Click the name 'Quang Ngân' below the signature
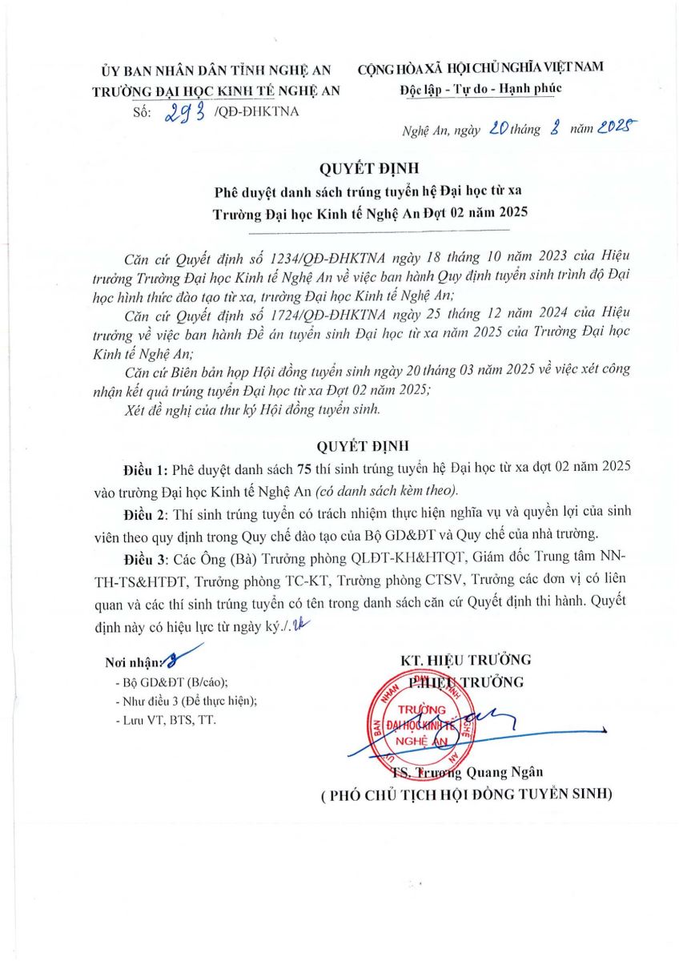pyautogui.click(x=511, y=772)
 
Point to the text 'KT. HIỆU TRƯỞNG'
pyautogui.click(x=466, y=660)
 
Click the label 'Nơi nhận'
pyautogui.click(x=134, y=663)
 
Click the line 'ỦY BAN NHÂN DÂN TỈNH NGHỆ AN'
pyautogui.click(x=216, y=70)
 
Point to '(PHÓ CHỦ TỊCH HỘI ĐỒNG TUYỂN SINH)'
pyautogui.click(x=466, y=794)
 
